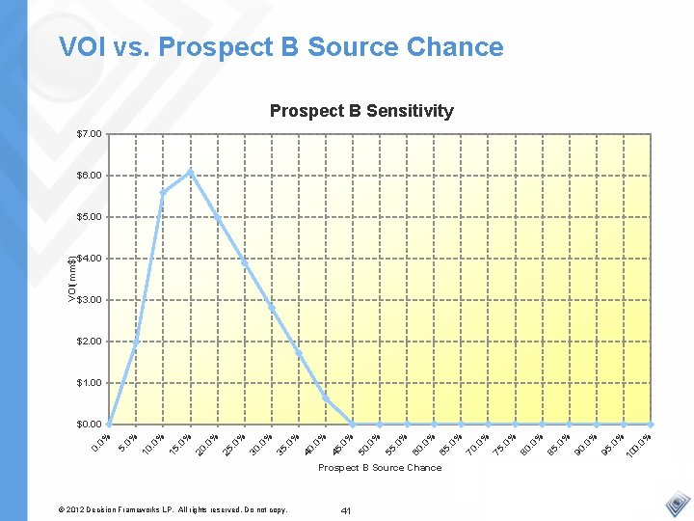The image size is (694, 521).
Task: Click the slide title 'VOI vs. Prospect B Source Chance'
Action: pyautogui.click(x=280, y=47)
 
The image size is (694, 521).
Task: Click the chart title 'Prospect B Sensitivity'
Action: pyautogui.click(x=361, y=111)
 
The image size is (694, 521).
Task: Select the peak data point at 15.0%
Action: pyautogui.click(x=191, y=173)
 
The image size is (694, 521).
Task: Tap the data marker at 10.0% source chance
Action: pyautogui.click(x=164, y=192)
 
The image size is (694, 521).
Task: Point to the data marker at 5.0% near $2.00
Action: pyautogui.click(x=137, y=342)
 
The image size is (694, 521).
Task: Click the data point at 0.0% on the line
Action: pyautogui.click(x=110, y=425)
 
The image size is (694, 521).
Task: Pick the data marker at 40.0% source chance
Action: pyautogui.click(x=326, y=399)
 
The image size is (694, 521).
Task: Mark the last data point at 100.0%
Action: pyautogui.click(x=651, y=425)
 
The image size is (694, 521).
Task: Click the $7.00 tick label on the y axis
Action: pyautogui.click(x=89, y=133)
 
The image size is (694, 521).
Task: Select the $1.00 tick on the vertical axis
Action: pyautogui.click(x=89, y=383)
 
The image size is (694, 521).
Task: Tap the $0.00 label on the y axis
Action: pyautogui.click(x=89, y=425)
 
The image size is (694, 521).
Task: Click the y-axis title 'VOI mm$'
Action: pyautogui.click(x=72, y=279)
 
